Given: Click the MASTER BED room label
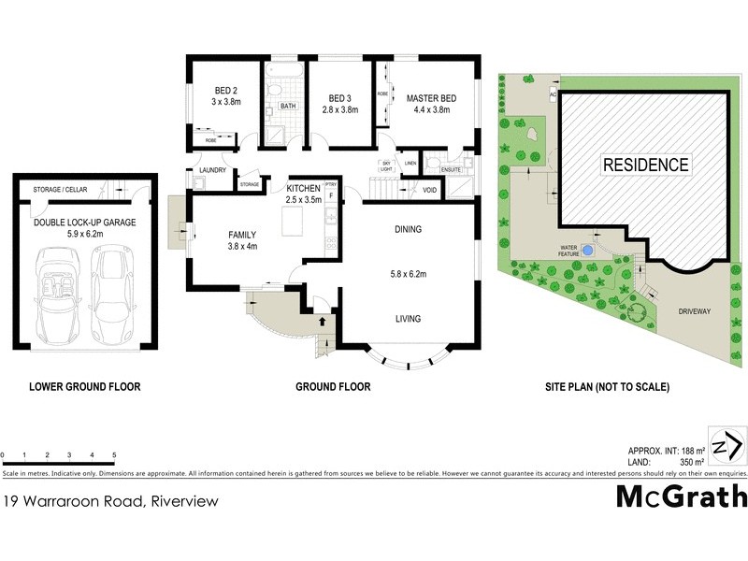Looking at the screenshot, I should pyautogui.click(x=431, y=96).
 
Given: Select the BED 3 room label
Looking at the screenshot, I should pyautogui.click(x=338, y=96).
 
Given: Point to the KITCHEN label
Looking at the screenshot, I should pyautogui.click(x=303, y=187).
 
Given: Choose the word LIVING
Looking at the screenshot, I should pyautogui.click(x=408, y=319).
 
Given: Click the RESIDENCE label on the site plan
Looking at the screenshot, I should pyautogui.click(x=645, y=165).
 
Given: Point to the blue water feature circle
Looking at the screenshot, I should pyautogui.click(x=587, y=251).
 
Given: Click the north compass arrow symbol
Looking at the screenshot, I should pyautogui.click(x=728, y=444).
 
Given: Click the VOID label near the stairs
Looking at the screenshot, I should pyautogui.click(x=430, y=190).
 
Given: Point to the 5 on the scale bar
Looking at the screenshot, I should pyautogui.click(x=114, y=454).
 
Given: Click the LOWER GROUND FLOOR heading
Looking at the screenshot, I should pyautogui.click(x=85, y=386).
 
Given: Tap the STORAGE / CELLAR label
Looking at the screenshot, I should pyautogui.click(x=61, y=190).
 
